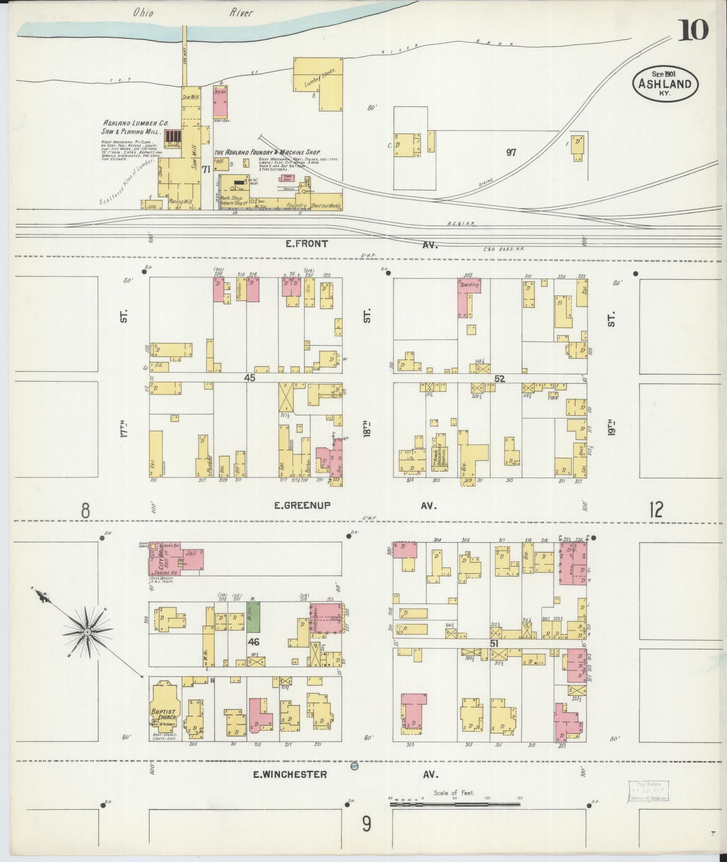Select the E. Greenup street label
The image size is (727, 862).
(302, 506)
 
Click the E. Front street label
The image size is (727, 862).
(306, 244)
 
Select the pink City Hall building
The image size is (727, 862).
(176, 558)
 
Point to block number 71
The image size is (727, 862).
(206, 169)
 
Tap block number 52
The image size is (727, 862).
(499, 379)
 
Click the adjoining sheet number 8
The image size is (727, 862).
(86, 511)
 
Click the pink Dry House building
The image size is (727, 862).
(220, 100)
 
